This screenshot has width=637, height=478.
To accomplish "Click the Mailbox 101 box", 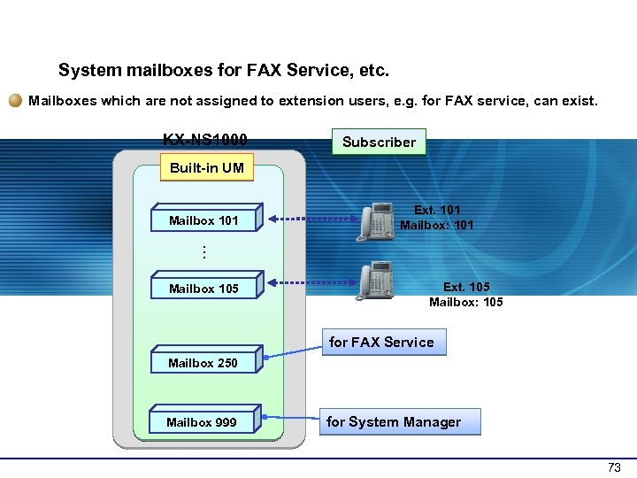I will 203,220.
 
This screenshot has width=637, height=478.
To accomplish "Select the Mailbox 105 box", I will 203,289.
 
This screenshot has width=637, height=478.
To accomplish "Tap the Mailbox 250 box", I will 203,363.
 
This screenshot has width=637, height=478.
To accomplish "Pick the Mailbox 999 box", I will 202,422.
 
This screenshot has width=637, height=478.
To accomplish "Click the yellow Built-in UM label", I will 206,167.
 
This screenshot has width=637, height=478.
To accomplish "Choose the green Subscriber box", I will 379,142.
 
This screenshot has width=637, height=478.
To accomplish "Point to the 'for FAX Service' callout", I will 381,342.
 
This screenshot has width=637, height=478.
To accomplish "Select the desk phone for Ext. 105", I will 374,281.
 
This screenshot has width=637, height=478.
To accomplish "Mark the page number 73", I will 614,467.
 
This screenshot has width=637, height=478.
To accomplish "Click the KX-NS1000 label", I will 204,140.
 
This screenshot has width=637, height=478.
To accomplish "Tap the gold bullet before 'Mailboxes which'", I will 16,101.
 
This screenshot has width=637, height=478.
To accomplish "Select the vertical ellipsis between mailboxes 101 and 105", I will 203,252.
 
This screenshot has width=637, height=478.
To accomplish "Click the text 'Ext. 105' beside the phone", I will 465,287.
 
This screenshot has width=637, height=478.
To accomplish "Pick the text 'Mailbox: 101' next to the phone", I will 436,225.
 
